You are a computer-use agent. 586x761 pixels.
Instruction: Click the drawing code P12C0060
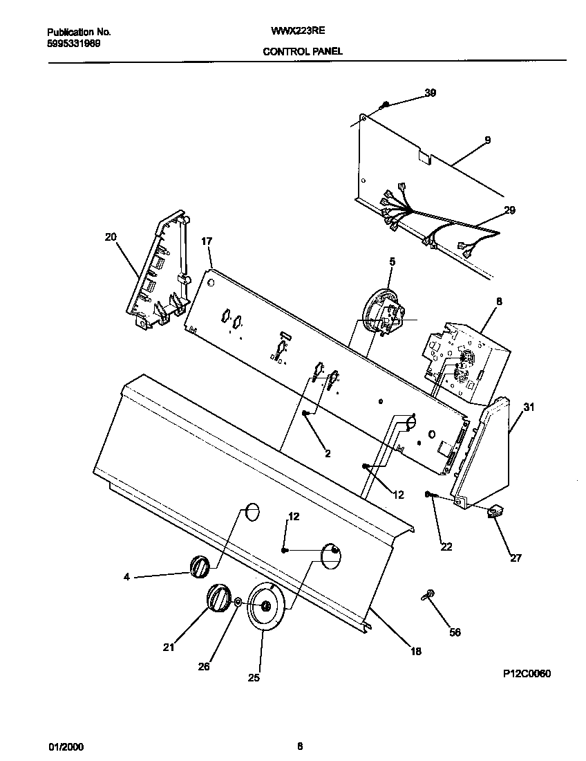[x=527, y=673]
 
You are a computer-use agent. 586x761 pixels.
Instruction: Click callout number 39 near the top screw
[x=430, y=93]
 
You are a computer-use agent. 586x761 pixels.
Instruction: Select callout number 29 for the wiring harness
[x=509, y=210]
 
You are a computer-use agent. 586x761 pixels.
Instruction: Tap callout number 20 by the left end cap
[x=111, y=237]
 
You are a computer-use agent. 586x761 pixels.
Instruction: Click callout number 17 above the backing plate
[x=206, y=241]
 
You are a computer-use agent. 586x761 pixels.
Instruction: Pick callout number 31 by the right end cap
[x=529, y=407]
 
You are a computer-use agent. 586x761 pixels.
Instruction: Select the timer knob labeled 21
[x=218, y=597]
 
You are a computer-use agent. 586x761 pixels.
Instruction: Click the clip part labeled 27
[x=495, y=513]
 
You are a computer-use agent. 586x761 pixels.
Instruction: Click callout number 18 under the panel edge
[x=415, y=651]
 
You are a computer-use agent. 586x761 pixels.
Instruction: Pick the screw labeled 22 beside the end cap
[x=430, y=494]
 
